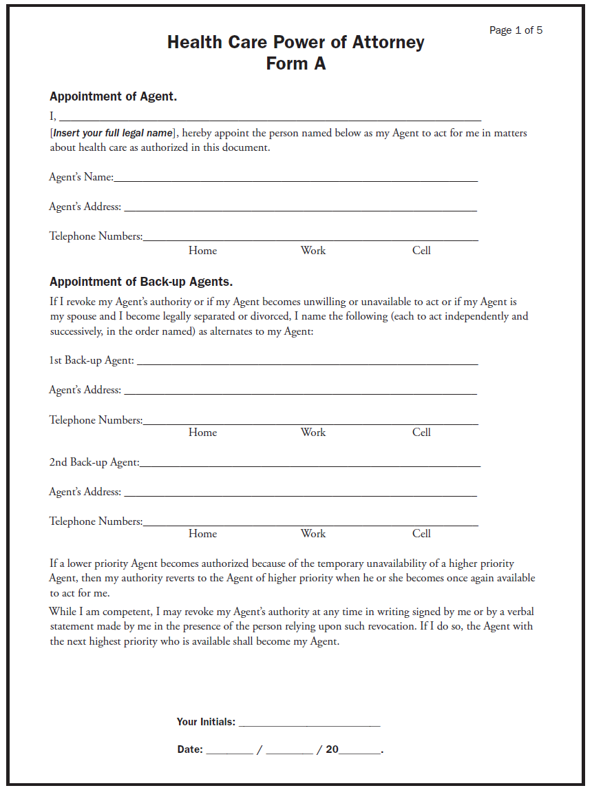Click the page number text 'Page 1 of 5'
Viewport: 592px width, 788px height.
click(x=516, y=30)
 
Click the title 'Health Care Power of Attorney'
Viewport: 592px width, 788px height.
click(x=296, y=43)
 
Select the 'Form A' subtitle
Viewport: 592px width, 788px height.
click(x=296, y=64)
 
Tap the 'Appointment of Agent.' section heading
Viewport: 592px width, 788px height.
click(x=114, y=96)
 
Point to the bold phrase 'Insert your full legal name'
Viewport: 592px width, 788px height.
click(x=112, y=133)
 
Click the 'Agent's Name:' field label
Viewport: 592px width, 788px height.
click(x=81, y=178)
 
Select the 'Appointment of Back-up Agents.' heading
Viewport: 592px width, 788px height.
click(x=141, y=282)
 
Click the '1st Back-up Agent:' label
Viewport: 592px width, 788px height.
click(x=92, y=360)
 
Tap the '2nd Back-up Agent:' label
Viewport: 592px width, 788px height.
click(x=94, y=462)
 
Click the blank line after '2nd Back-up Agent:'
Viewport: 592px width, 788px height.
click(x=310, y=464)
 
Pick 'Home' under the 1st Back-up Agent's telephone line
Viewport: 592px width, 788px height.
click(x=202, y=433)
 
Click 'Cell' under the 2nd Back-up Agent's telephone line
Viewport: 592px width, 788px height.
click(x=421, y=534)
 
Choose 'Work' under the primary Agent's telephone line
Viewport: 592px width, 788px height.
click(x=313, y=251)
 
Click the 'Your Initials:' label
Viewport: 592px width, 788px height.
click(x=206, y=722)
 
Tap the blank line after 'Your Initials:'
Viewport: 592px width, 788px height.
click(x=310, y=724)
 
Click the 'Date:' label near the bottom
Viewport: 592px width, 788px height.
click(x=190, y=749)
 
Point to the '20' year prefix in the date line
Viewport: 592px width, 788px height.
click(x=332, y=749)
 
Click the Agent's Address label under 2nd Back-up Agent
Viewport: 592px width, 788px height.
click(x=85, y=492)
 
